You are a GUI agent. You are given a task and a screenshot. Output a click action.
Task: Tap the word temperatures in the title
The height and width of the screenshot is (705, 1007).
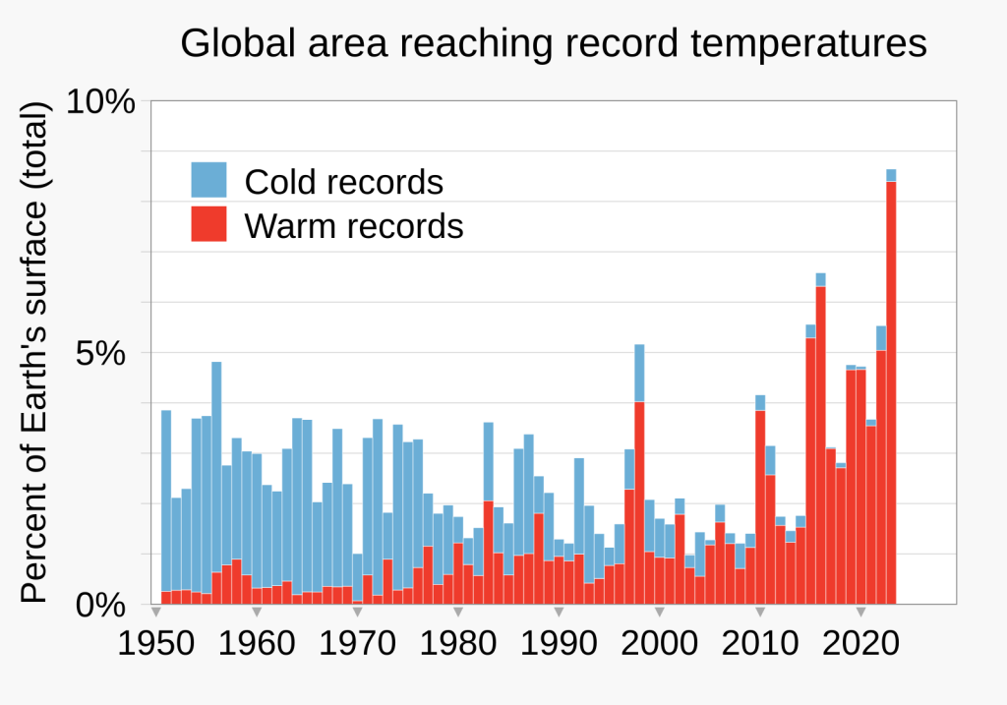pos(808,44)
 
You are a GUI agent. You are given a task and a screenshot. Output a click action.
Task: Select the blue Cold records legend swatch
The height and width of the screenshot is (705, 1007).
pos(208,180)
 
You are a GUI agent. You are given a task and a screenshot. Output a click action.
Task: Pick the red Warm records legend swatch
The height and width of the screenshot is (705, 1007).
pos(208,223)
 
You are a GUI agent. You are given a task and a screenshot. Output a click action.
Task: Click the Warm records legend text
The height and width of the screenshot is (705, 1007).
pos(354,226)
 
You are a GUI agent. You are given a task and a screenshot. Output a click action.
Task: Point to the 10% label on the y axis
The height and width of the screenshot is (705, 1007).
pos(101,102)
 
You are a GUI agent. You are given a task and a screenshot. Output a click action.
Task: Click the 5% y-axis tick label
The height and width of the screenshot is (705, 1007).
pos(101,353)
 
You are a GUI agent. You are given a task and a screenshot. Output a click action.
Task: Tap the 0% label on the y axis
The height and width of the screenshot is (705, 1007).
pos(101,605)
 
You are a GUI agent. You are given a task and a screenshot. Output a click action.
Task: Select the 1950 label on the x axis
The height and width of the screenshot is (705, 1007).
pos(156,643)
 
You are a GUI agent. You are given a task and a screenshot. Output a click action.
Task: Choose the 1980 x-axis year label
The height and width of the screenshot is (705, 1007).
pos(458,643)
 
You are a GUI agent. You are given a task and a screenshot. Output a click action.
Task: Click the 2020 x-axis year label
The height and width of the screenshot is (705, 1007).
pos(860,643)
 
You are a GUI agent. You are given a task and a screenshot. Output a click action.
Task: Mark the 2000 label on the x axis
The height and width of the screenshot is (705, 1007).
pos(659,643)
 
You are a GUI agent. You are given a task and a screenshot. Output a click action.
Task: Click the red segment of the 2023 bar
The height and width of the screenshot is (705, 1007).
pos(891,393)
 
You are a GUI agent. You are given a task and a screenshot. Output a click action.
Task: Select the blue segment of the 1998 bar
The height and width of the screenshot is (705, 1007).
pos(639,373)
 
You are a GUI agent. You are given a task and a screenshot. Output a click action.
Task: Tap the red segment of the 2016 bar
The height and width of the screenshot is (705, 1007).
pos(821,445)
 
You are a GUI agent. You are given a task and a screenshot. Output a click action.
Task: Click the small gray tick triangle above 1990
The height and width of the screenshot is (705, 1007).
pos(559,612)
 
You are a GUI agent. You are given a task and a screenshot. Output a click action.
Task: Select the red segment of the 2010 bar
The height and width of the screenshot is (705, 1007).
pos(760,507)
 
